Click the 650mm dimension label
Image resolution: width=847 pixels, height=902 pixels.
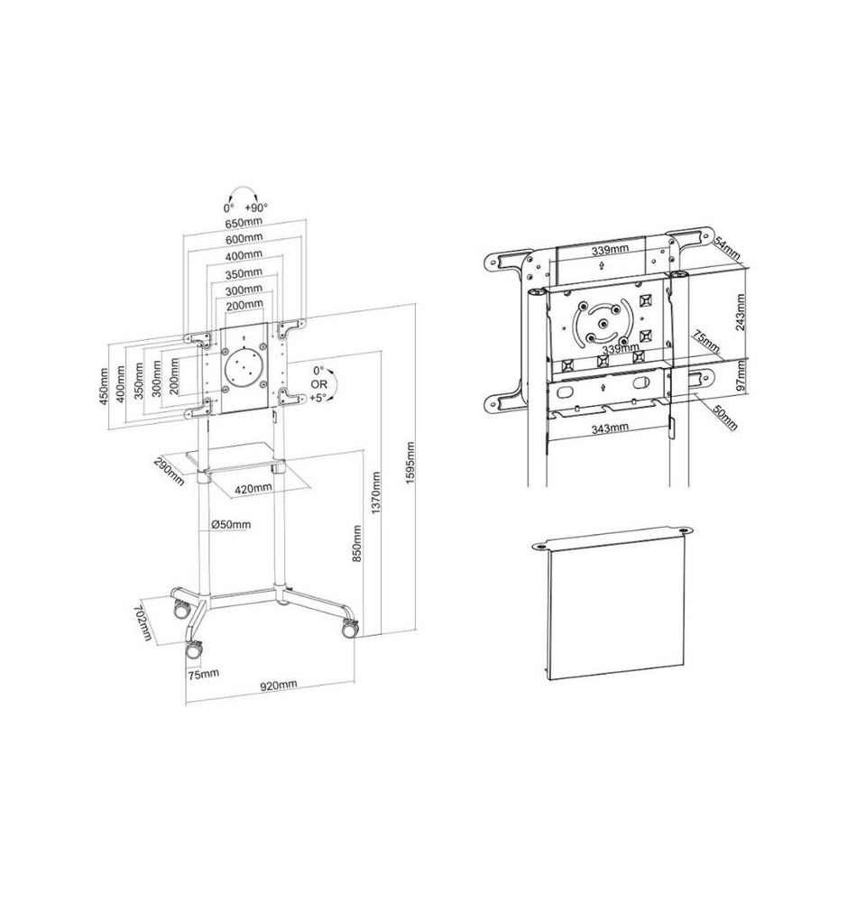coord(244,222)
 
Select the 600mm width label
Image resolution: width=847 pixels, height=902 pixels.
coord(244,237)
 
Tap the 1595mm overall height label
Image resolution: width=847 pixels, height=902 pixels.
coord(410,463)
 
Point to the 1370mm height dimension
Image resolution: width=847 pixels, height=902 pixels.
coord(376,493)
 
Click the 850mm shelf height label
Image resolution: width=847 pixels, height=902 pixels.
coord(357,543)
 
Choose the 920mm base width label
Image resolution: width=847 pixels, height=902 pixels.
coord(279,685)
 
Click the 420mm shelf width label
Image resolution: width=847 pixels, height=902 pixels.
coord(253,488)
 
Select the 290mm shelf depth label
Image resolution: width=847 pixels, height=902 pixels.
coord(169,471)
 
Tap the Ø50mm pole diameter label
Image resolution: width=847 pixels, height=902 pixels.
coord(231,524)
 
